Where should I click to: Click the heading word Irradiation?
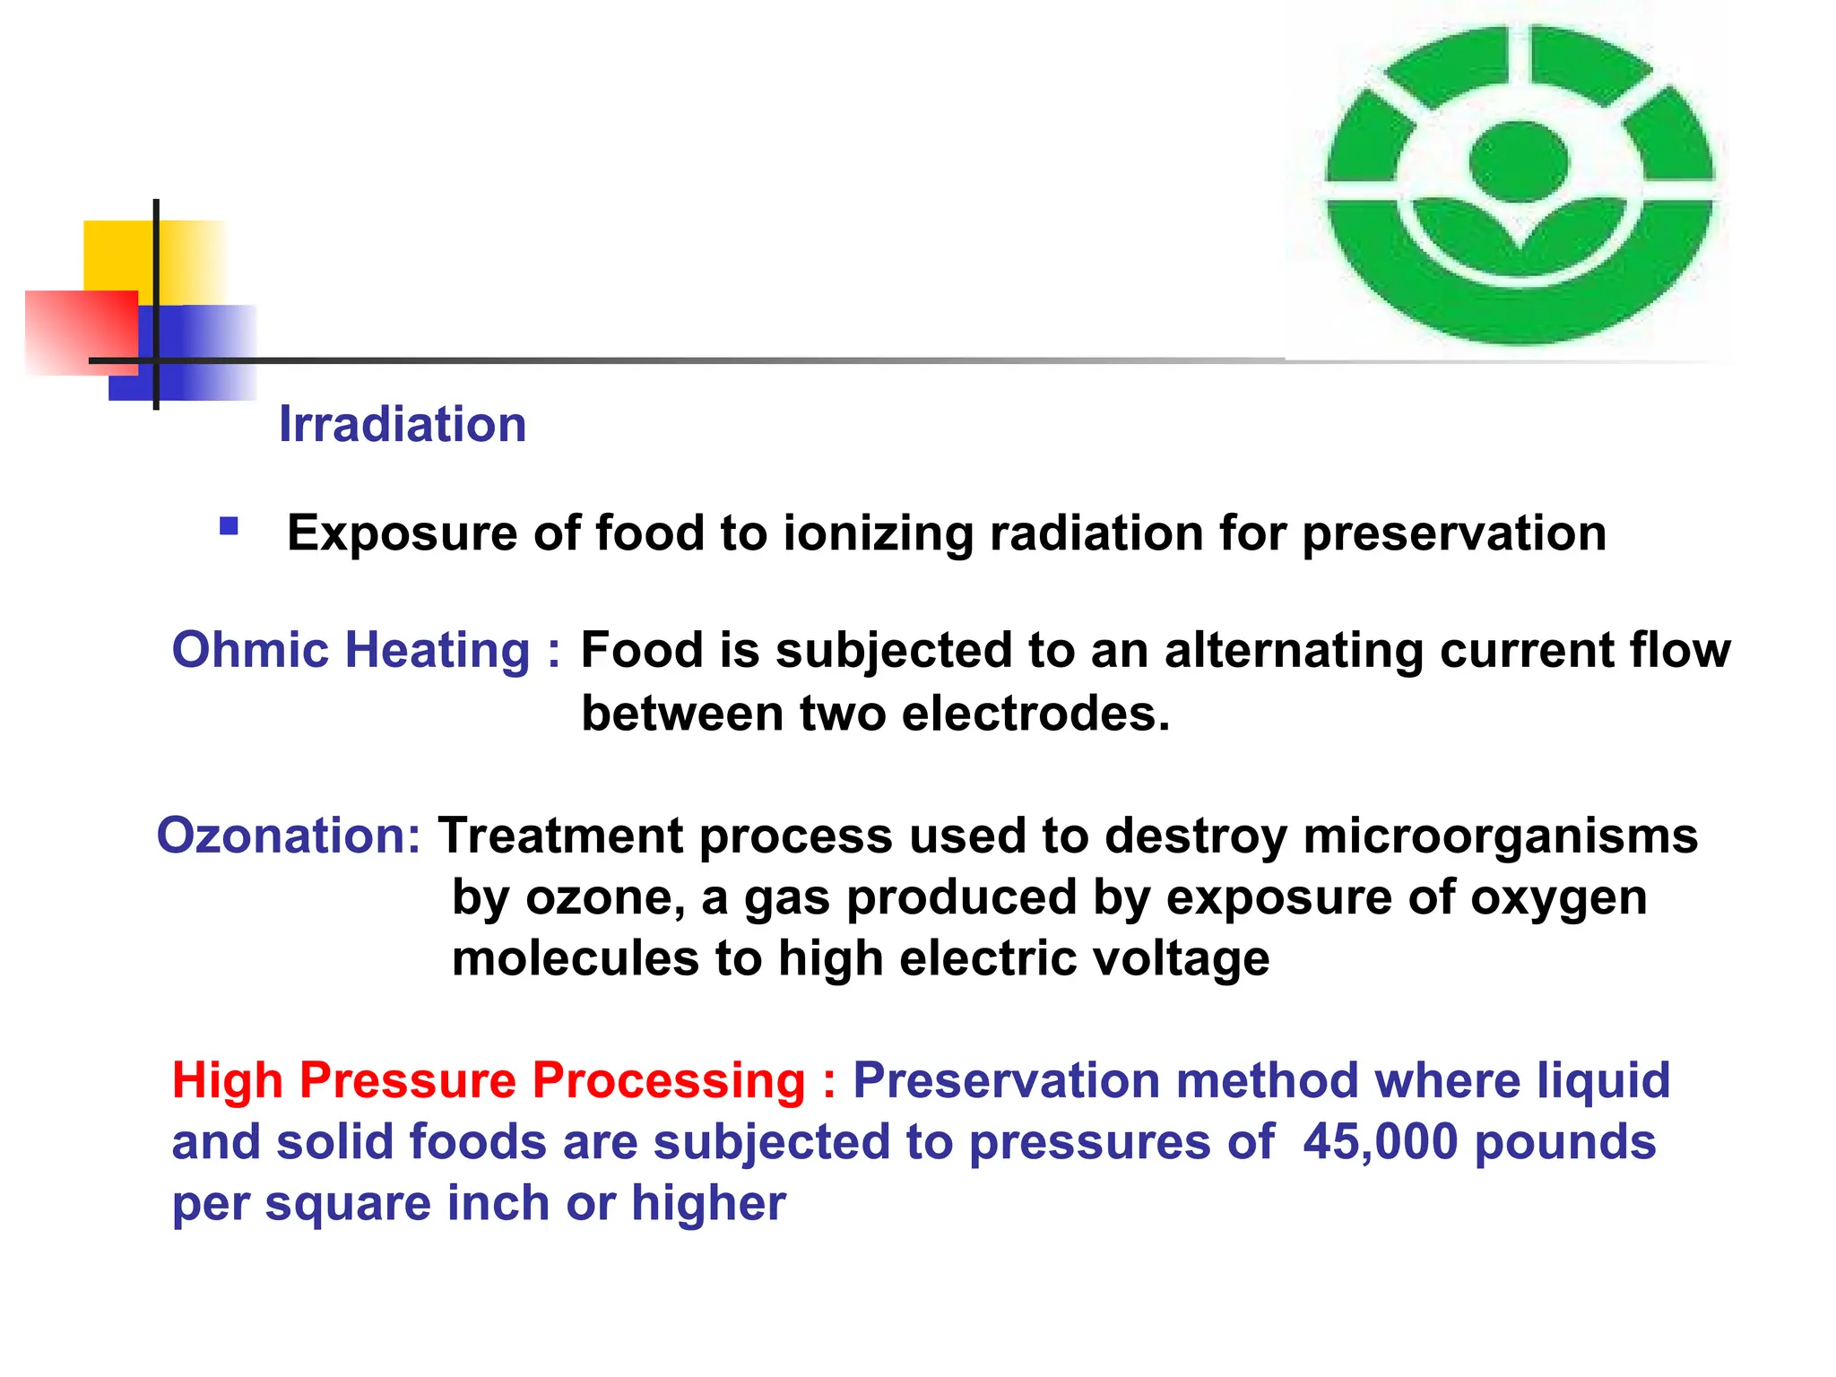click(x=403, y=424)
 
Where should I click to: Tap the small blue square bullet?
click(x=229, y=526)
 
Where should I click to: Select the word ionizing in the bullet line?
click(x=878, y=534)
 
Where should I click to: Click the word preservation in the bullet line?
click(x=1453, y=534)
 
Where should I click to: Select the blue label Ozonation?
click(x=288, y=836)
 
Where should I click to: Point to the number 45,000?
click(x=1380, y=1142)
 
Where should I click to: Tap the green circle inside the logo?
click(x=1519, y=162)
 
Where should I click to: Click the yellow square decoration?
click(x=117, y=255)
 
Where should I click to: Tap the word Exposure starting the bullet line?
click(x=403, y=534)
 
